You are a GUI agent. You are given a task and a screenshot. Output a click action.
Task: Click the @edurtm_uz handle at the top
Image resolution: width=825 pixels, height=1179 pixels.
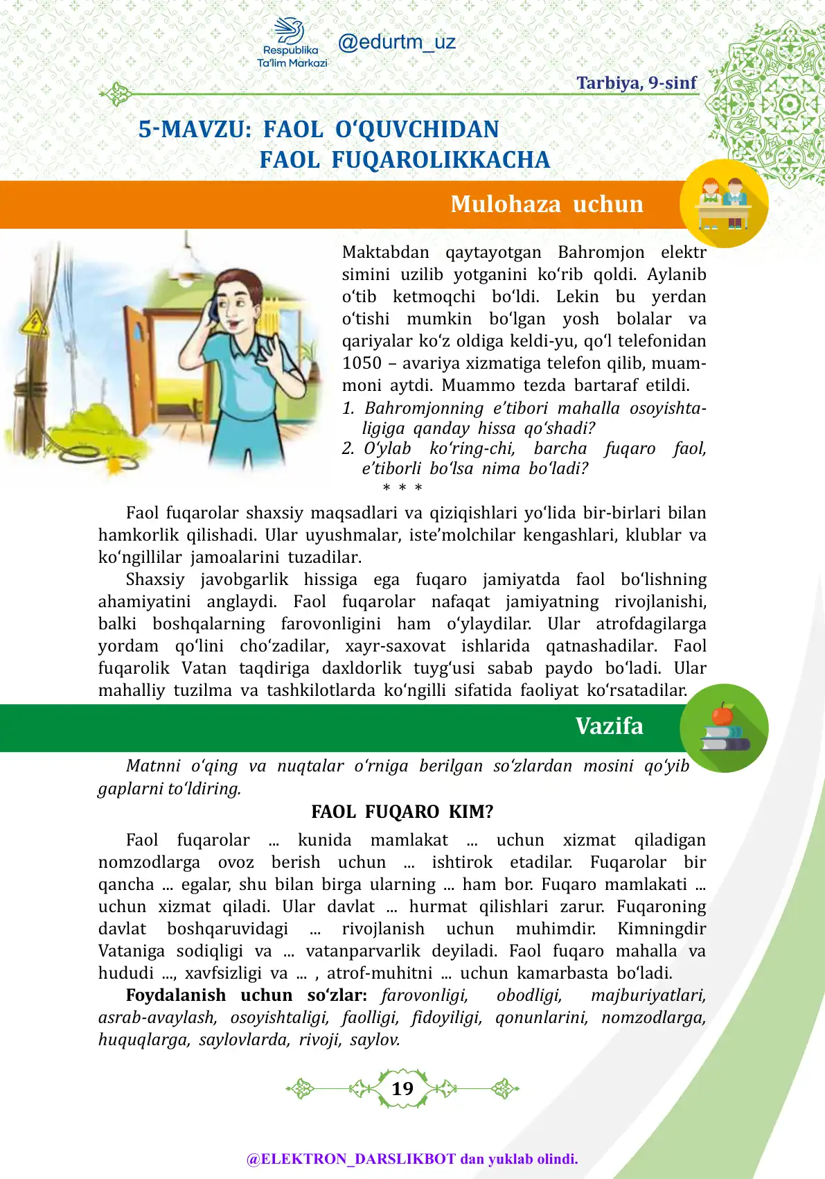coord(396,42)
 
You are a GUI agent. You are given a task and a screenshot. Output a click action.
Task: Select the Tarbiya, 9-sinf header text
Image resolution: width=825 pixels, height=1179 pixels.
coord(636,83)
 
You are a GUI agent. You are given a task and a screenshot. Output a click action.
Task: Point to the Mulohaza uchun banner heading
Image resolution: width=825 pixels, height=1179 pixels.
coord(547,204)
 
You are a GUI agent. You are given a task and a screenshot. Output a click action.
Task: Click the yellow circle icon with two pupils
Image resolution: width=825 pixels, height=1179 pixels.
coord(724,203)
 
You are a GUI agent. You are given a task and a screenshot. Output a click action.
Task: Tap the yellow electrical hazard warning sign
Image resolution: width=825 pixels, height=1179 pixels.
coord(32,323)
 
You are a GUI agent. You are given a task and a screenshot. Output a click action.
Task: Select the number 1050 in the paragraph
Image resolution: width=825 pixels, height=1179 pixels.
coord(362,363)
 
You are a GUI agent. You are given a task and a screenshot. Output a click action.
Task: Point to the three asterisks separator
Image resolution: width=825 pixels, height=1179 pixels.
coord(402,488)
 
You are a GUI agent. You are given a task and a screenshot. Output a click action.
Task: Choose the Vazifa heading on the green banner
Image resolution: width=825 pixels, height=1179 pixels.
coord(609,726)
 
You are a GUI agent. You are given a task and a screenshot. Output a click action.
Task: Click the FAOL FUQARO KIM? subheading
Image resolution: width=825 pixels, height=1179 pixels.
coord(402,812)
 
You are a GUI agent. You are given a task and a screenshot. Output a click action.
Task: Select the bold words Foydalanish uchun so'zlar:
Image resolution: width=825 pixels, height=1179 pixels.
coord(246,995)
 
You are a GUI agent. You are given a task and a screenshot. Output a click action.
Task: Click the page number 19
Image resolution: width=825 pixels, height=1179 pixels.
coord(402,1088)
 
